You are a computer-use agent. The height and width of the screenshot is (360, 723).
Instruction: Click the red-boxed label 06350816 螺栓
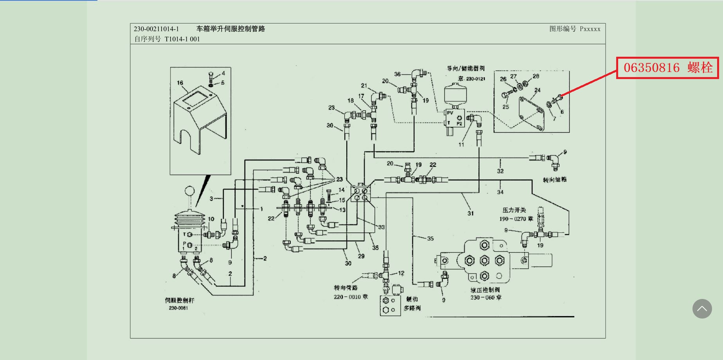[x=667, y=68]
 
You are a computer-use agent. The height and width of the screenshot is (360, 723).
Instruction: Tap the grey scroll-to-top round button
[x=702, y=309]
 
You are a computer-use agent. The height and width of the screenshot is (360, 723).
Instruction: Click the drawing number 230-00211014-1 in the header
[x=156, y=29]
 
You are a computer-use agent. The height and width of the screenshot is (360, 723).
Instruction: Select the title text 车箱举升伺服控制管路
[x=230, y=29]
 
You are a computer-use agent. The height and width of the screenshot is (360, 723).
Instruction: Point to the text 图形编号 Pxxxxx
[x=575, y=29]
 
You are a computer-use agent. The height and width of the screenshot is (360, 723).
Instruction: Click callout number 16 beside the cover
[x=180, y=83]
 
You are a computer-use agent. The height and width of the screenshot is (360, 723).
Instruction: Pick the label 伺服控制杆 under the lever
[x=179, y=301]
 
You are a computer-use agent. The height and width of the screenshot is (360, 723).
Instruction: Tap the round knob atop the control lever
[x=190, y=191]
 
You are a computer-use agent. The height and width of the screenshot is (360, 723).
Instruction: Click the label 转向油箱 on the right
[x=554, y=180]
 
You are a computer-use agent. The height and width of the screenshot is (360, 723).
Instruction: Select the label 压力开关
[x=514, y=210]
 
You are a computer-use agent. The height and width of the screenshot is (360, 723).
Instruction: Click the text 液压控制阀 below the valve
[x=485, y=290]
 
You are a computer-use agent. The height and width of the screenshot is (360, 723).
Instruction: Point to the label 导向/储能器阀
[x=466, y=68]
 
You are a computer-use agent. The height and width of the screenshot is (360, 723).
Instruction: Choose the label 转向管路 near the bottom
[x=345, y=288]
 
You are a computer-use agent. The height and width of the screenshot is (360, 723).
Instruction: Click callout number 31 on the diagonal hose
[x=471, y=213]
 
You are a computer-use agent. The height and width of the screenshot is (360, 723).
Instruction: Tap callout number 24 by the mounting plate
[x=538, y=90]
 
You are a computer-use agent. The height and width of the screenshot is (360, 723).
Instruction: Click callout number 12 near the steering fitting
[x=401, y=273]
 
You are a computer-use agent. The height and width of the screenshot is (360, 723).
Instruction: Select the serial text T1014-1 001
[x=182, y=39]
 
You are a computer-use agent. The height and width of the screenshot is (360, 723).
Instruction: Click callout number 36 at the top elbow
[x=397, y=74]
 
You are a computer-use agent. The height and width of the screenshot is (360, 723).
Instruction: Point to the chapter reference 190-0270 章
[x=516, y=219]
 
